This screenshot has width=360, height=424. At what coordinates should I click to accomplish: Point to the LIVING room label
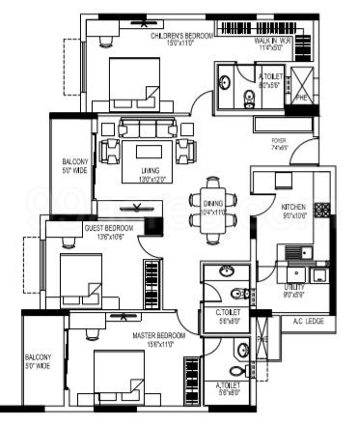point(149,170)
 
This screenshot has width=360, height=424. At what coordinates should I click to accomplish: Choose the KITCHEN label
point(294,207)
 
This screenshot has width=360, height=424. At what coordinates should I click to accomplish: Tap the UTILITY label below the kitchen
point(293,288)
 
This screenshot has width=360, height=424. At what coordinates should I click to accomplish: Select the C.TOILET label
point(228,312)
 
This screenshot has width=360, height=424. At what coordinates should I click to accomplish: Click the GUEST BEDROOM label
point(109,229)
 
